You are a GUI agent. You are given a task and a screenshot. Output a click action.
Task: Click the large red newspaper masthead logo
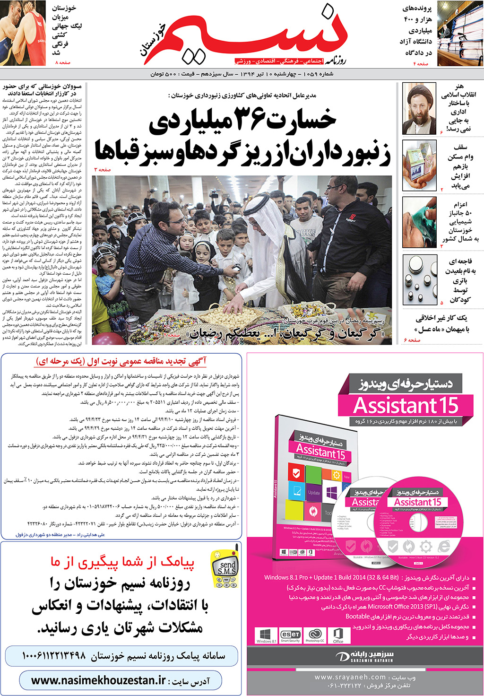(x=265, y=35)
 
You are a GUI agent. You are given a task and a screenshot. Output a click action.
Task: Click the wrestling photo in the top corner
(x=23, y=33)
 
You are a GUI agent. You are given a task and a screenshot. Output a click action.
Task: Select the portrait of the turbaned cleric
(x=419, y=109)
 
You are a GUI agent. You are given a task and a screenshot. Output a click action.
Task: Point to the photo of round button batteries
(x=420, y=279)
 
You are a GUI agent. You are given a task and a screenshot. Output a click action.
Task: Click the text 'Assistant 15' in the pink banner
(x=406, y=406)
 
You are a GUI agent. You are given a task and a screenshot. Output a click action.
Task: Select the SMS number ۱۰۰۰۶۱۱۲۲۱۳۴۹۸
(x=54, y=656)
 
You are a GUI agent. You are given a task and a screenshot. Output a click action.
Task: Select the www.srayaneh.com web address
(x=350, y=677)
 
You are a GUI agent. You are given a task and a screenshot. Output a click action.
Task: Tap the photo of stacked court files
(x=460, y=33)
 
